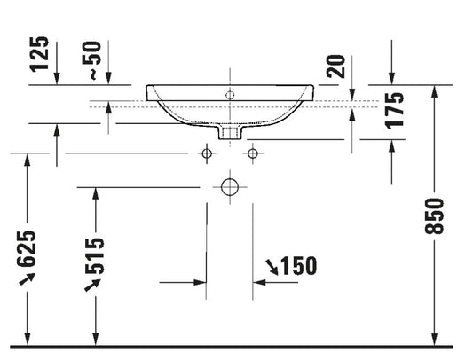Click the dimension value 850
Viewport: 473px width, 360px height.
434,215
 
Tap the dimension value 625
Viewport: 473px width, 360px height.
27,249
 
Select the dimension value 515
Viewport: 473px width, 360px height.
94,256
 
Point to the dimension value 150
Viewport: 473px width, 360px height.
299,266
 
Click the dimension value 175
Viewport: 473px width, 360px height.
395,110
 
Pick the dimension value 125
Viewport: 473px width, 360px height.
39,54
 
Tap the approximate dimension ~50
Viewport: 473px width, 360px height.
91,60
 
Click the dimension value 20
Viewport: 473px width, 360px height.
335,67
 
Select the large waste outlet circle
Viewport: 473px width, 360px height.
230,187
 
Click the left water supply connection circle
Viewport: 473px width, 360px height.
207,153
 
